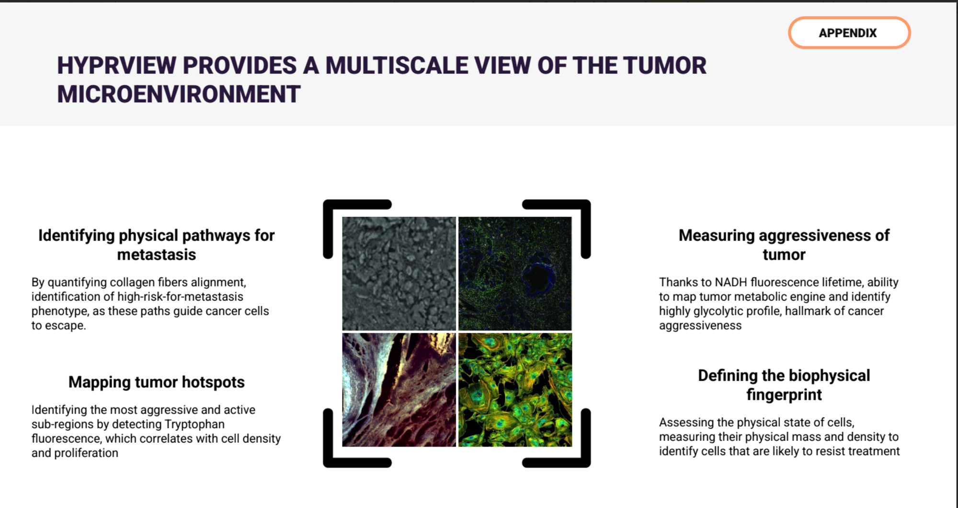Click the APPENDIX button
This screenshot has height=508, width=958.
849,33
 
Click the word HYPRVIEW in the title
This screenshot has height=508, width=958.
117,66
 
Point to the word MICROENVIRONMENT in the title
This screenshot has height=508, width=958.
179,94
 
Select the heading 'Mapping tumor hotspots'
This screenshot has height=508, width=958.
157,382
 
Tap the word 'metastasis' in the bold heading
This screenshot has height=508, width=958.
157,254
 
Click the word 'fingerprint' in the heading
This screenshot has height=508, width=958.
784,395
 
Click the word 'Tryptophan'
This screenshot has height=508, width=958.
194,425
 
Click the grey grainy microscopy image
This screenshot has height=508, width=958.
399,274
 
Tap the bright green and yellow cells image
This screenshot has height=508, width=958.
515,390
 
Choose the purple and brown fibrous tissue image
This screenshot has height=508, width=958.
399,390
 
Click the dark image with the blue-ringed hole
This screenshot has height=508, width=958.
515,274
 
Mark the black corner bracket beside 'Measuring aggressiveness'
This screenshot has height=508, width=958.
585,211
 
